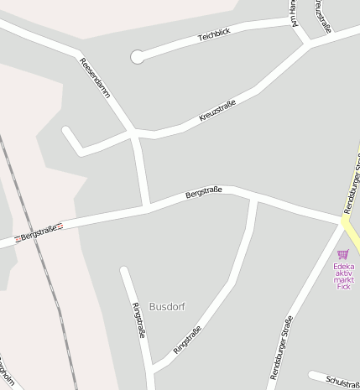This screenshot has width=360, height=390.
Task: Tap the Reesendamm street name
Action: point(95,79)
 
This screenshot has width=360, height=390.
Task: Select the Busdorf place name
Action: point(166,306)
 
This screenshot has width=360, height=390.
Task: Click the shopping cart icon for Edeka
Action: point(342,253)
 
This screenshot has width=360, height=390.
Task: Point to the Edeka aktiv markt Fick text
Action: point(343,277)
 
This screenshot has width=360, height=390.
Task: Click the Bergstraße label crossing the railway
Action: point(39,231)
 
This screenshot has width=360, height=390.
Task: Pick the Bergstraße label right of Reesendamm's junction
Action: point(203,195)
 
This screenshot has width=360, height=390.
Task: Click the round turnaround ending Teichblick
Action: point(137,57)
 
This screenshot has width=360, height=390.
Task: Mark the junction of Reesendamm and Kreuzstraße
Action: point(133,132)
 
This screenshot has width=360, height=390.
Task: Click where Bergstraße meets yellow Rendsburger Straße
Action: point(344,221)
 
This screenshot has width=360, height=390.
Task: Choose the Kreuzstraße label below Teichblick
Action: point(217,112)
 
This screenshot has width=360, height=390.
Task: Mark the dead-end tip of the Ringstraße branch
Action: point(124,270)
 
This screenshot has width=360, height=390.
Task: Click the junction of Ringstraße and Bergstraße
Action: point(254,200)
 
